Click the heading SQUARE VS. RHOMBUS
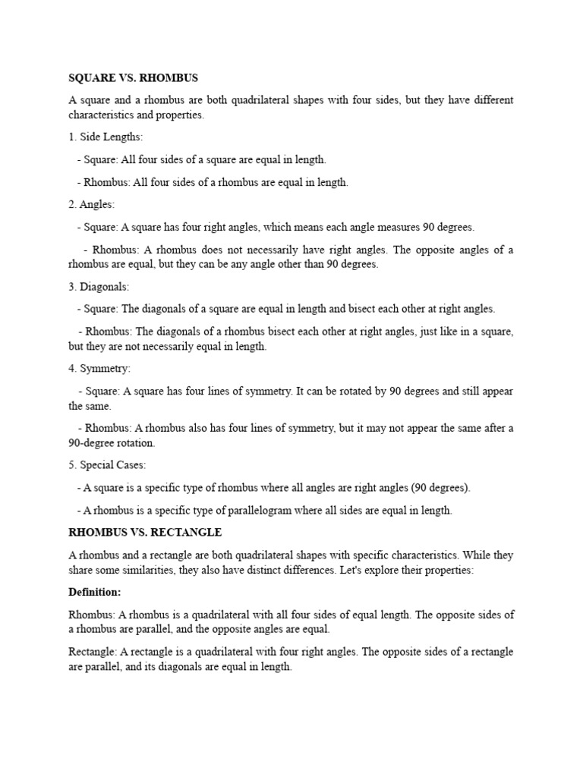click(133, 78)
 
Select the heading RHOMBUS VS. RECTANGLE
click(145, 533)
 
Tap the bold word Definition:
click(95, 592)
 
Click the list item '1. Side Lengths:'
click(100, 137)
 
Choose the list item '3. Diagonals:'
click(99, 287)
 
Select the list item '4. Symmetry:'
click(99, 369)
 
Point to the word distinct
click(260, 571)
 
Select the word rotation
click(132, 443)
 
